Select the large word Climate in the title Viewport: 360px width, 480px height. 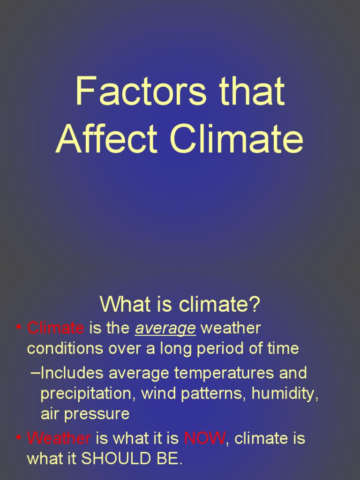237,139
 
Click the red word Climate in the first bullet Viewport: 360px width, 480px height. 56,328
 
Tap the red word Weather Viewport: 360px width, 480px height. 59,439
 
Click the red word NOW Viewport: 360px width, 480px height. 205,439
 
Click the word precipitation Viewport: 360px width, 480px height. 88,394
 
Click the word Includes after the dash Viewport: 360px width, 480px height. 73,374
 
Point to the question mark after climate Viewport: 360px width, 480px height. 255,305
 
